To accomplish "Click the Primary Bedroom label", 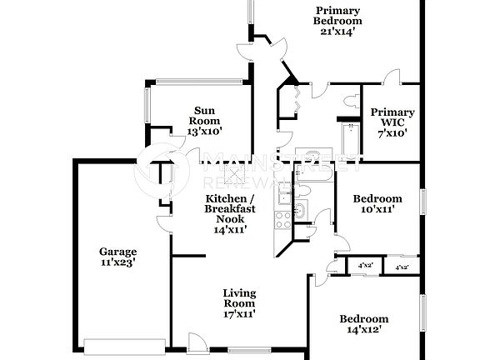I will pyautogui.click(x=337, y=16).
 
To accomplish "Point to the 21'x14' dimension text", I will pyautogui.click(x=337, y=32).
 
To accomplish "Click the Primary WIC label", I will pyautogui.click(x=392, y=117).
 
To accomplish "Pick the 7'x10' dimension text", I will pyautogui.click(x=392, y=132).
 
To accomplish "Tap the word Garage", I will pyautogui.click(x=117, y=251).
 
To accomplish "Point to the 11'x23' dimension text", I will pyautogui.click(x=117, y=262).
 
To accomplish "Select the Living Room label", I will pyautogui.click(x=238, y=298).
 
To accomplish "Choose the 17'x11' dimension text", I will pyautogui.click(x=238, y=314).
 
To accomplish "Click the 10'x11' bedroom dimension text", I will pyautogui.click(x=377, y=210).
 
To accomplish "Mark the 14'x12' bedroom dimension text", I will pyautogui.click(x=363, y=330).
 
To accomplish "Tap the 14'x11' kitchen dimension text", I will pyautogui.click(x=230, y=230).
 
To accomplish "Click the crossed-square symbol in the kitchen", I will pyautogui.click(x=238, y=173).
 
